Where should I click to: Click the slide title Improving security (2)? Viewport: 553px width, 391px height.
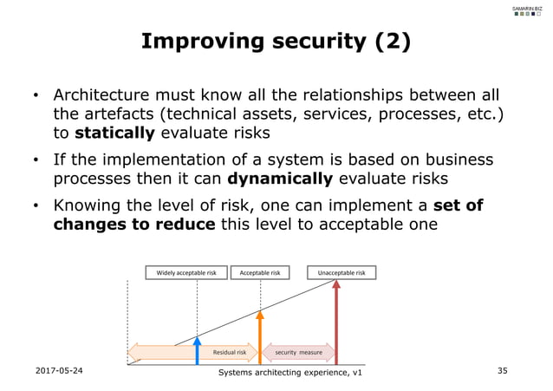click(x=276, y=42)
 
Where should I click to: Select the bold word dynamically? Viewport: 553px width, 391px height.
click(x=280, y=179)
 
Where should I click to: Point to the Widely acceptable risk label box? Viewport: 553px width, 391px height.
click(x=185, y=273)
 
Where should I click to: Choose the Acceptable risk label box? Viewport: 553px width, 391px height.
click(x=260, y=273)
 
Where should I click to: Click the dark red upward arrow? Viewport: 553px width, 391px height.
click(x=335, y=321)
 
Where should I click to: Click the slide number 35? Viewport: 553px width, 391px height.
click(x=502, y=370)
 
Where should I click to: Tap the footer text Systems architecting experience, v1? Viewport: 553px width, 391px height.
click(x=291, y=373)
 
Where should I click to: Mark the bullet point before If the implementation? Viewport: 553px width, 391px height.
click(x=36, y=160)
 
